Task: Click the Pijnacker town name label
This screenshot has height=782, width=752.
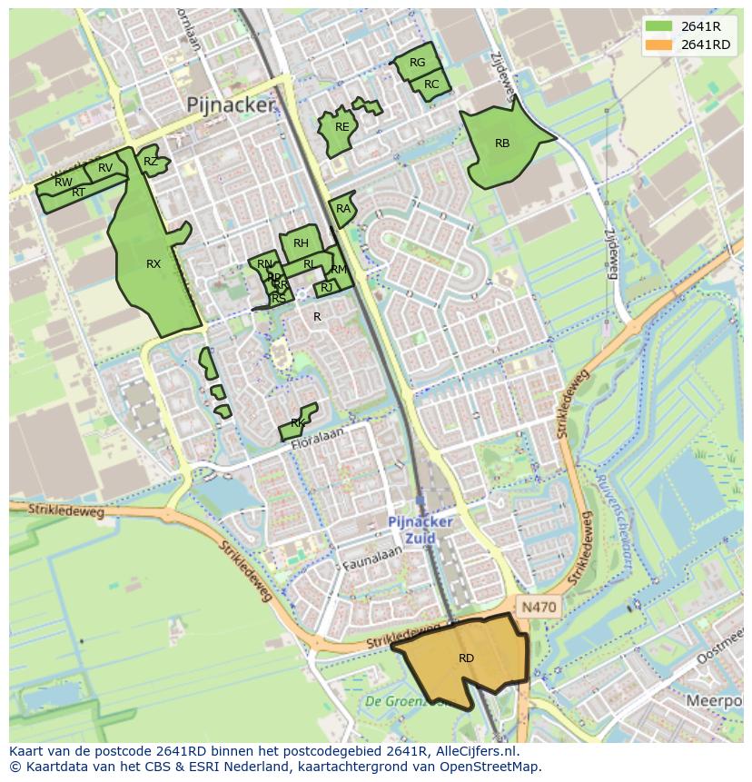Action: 230,105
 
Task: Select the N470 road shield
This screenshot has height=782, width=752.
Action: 538,606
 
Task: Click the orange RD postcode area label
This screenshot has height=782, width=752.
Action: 466,658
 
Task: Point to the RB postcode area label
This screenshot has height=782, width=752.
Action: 502,144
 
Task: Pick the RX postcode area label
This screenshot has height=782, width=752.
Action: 153,264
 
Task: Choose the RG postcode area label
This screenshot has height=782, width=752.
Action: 417,64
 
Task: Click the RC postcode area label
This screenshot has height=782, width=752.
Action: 431,84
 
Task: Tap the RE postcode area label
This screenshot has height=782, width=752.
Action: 341,127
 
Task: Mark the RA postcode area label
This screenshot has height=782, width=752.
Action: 343,209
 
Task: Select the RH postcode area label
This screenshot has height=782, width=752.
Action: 301,243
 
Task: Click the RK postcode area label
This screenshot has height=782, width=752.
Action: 298,424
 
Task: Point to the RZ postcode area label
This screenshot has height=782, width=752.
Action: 151,163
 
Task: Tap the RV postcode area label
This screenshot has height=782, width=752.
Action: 105,168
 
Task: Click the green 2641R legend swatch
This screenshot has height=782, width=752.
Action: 660,26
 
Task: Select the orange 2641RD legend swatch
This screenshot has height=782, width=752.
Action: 660,45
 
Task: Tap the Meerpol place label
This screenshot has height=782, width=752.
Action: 714,701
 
